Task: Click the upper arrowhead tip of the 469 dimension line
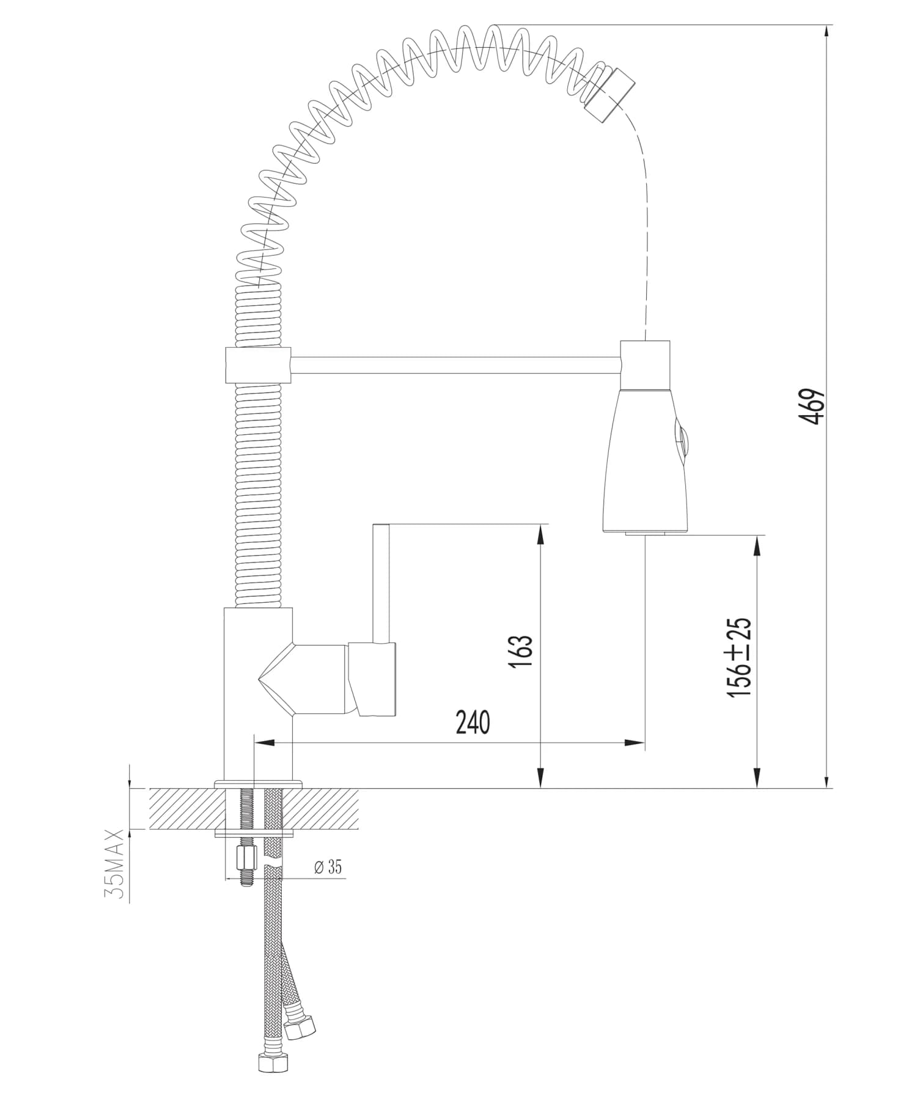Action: coord(827,25)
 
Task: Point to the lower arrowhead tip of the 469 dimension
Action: coord(827,789)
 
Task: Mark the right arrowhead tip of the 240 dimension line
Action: coord(644,743)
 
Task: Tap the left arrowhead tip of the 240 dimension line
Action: coord(253,743)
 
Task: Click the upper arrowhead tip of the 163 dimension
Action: coord(540,525)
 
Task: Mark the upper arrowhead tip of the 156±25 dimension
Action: coord(757,536)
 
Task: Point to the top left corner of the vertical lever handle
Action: coord(374,524)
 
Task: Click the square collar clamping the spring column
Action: coord(258,366)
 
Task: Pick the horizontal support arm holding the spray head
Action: coord(455,366)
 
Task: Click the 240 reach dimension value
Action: coord(473,722)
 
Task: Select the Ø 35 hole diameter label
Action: coord(328,866)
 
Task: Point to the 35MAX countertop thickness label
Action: coord(114,864)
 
